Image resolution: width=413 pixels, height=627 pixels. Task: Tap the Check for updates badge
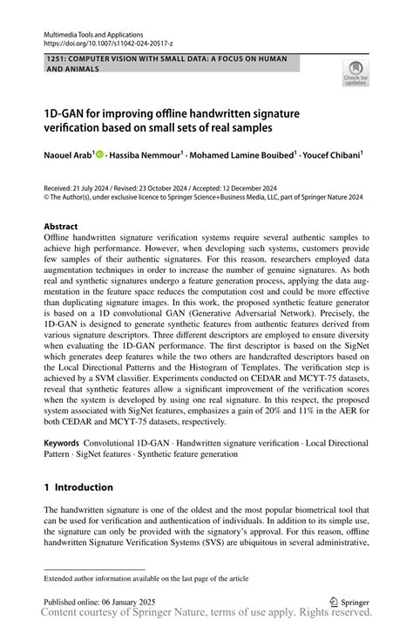pos(355,76)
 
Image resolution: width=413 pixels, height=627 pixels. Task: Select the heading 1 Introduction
pos(78,487)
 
